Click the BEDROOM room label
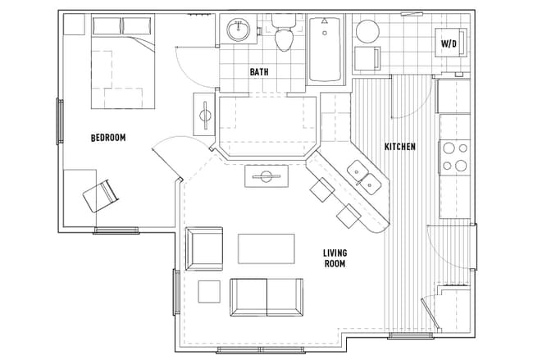tap(108, 138)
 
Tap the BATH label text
tap(259, 72)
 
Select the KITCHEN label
tap(400, 147)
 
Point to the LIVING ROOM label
tap(334, 258)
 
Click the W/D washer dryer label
tap(449, 42)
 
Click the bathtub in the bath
tap(325, 51)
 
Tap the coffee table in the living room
tap(266, 248)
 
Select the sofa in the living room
tap(266, 297)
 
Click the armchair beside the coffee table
tap(204, 248)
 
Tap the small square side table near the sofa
tap(209, 292)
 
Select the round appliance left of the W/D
tap(367, 32)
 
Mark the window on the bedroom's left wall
tap(59, 121)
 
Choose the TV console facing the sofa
tap(266, 176)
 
